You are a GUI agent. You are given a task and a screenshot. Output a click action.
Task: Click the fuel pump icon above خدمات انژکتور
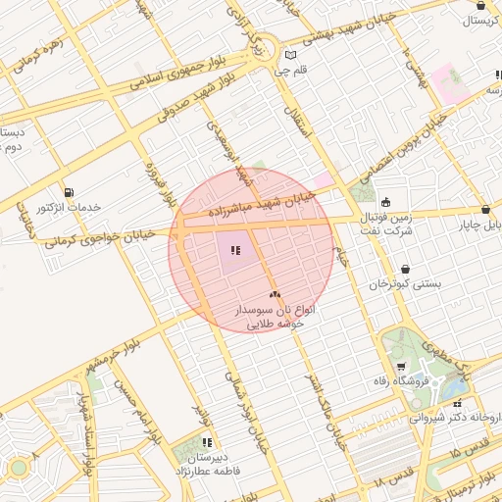68,192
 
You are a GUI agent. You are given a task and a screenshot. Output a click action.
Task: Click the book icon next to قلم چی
289,55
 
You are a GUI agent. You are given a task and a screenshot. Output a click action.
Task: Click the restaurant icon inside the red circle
235,250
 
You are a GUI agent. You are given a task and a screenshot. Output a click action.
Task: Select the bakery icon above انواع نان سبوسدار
275,293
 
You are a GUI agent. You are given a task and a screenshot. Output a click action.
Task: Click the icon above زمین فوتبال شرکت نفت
385,202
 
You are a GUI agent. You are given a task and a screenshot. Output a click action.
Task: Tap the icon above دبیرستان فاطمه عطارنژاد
207,443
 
